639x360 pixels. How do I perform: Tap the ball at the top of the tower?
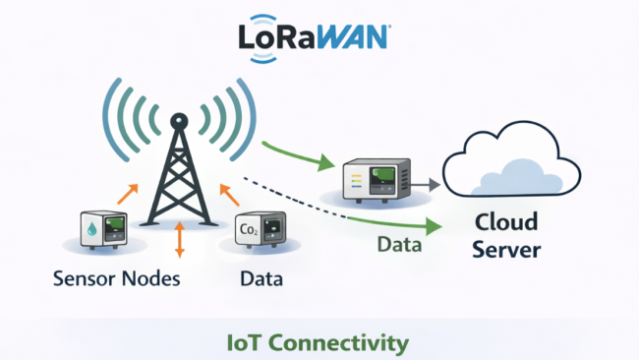coord(178,121)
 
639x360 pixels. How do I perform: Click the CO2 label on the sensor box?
coord(250,230)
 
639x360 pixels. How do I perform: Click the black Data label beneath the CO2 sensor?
coord(261,278)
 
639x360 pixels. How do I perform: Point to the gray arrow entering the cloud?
coord(426,183)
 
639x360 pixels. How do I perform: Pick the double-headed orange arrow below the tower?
coord(179,240)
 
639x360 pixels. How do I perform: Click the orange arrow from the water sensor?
coord(129,195)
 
